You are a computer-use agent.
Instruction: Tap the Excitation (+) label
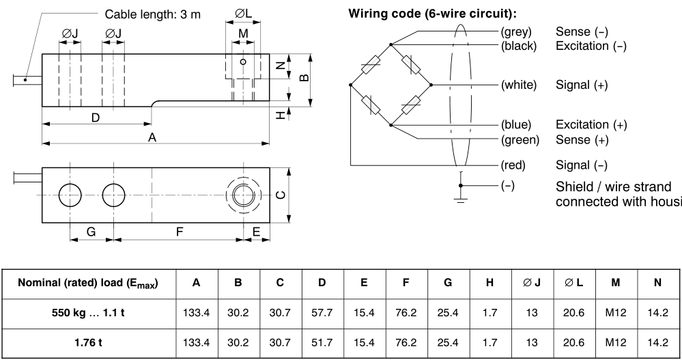point(591,124)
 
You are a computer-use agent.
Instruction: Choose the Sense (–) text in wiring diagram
point(582,31)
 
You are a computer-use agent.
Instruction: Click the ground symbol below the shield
point(461,197)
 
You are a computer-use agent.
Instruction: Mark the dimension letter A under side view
point(153,137)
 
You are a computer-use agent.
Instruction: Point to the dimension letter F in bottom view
point(179,232)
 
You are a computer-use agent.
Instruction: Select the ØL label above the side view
point(244,14)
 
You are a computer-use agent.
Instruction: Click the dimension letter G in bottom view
point(91,232)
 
